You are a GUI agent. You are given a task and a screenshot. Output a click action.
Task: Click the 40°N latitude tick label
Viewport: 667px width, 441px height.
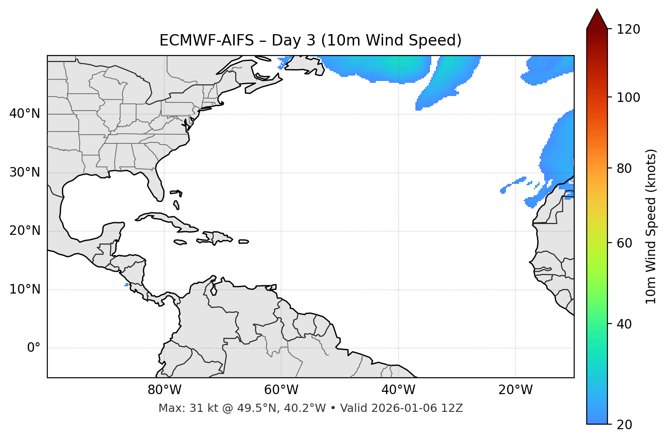pyautogui.click(x=25, y=114)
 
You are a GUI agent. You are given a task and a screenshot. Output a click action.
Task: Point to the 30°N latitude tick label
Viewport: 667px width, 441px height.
pyautogui.click(x=25, y=172)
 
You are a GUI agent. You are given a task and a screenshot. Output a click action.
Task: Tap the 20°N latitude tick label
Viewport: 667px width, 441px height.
pyautogui.click(x=25, y=231)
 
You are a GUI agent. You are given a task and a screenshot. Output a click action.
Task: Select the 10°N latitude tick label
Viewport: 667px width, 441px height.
pyautogui.click(x=25, y=289)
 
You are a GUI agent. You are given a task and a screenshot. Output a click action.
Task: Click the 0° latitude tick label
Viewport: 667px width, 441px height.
pyautogui.click(x=34, y=348)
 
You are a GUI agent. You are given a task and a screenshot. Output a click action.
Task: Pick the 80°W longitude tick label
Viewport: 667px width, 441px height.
pyautogui.click(x=164, y=390)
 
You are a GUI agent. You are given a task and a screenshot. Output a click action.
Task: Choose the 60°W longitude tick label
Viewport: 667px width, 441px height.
pyautogui.click(x=281, y=390)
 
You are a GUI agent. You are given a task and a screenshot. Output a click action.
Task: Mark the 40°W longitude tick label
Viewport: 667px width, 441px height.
pyautogui.click(x=398, y=390)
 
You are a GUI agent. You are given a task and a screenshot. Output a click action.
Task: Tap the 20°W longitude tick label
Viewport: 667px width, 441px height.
pyautogui.click(x=515, y=390)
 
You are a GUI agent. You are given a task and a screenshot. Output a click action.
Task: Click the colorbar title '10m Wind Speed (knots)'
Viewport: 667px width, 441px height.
pyautogui.click(x=651, y=227)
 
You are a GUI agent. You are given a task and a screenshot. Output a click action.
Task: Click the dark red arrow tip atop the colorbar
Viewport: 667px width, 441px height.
pyautogui.click(x=597, y=18)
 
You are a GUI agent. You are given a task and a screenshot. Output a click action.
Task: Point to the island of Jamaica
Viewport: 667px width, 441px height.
pyautogui.click(x=180, y=242)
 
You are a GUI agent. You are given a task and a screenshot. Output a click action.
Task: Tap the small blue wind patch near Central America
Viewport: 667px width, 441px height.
pyautogui.click(x=126, y=285)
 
